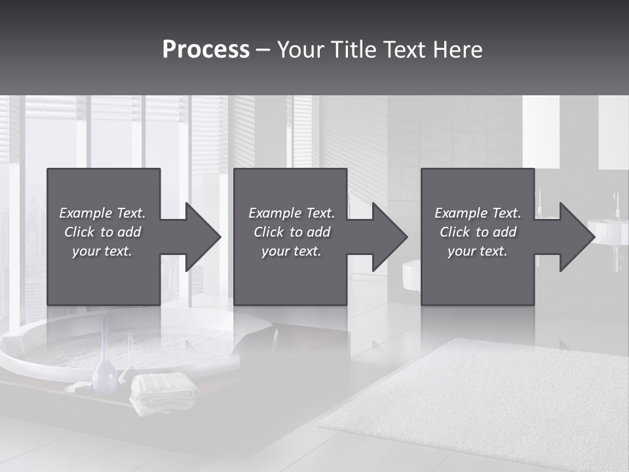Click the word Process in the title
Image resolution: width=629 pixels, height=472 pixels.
click(206, 50)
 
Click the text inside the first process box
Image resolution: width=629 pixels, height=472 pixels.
click(102, 232)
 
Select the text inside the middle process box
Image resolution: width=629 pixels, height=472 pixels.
click(292, 232)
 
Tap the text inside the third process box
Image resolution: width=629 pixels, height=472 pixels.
click(478, 232)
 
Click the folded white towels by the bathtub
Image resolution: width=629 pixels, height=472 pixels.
click(164, 391)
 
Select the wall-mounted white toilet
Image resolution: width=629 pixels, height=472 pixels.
click(411, 275)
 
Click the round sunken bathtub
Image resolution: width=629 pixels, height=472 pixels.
click(131, 341)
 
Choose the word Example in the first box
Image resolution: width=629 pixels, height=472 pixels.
click(86, 213)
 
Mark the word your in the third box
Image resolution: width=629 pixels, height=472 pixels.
click(461, 251)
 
